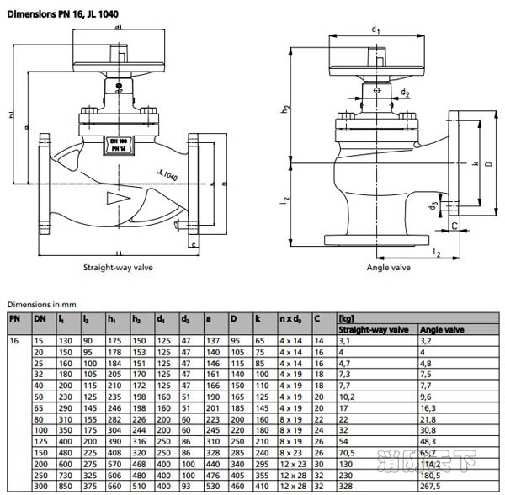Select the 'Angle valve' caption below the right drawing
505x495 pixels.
click(x=388, y=267)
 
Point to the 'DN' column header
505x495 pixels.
click(x=39, y=319)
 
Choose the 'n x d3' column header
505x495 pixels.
click(x=292, y=319)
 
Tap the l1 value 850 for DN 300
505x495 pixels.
click(x=64, y=487)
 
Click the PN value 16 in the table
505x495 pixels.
click(x=13, y=340)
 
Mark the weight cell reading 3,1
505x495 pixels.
click(x=344, y=340)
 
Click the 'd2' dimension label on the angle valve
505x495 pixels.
click(x=405, y=93)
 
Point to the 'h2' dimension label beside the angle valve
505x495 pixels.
click(x=286, y=108)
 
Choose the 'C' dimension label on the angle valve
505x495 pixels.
click(x=454, y=225)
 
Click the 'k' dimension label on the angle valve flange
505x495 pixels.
click(x=476, y=162)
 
